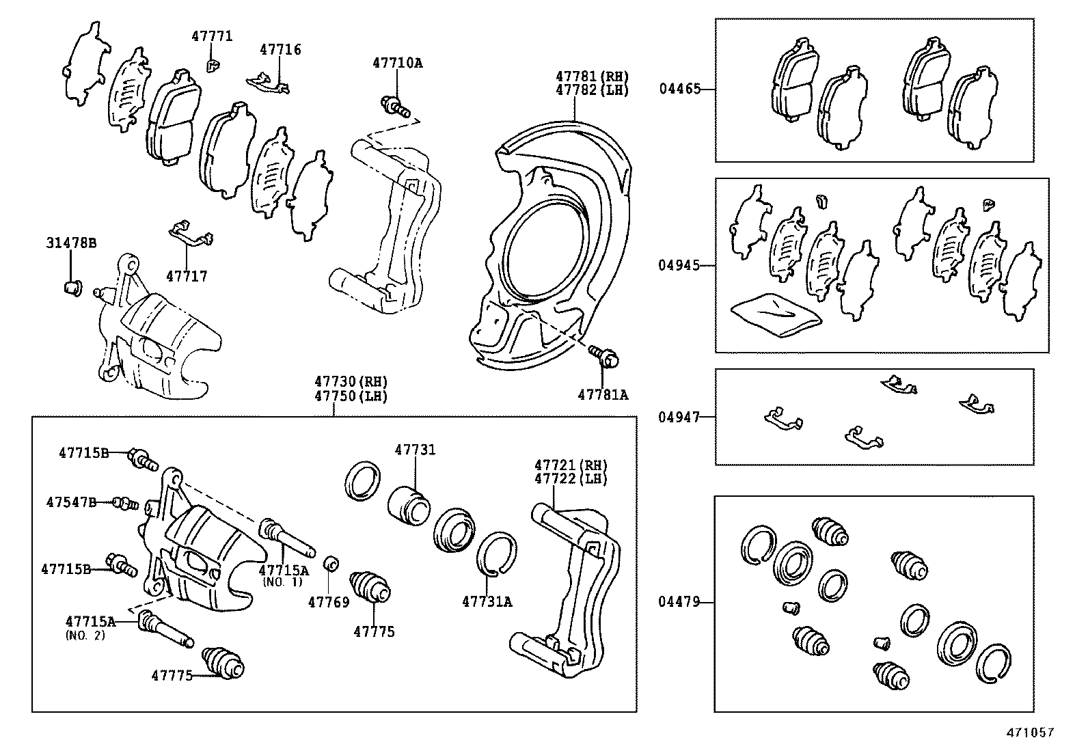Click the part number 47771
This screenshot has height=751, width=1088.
click(x=211, y=36)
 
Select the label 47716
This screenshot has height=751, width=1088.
click(x=280, y=50)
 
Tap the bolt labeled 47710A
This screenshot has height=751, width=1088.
click(x=395, y=106)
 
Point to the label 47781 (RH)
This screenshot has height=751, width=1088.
click(x=591, y=77)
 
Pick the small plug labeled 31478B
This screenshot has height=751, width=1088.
click(x=71, y=286)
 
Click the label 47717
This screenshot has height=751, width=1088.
click(x=187, y=277)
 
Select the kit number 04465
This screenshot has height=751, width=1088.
click(x=679, y=89)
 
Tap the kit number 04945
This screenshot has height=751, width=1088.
click(x=679, y=265)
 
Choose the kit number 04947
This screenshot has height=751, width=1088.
click(x=679, y=416)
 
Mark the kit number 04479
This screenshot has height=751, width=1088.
click(x=679, y=602)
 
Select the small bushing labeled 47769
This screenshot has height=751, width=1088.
click(x=331, y=564)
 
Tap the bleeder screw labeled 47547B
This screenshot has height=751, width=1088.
click(x=125, y=504)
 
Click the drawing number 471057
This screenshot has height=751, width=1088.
click(x=1029, y=733)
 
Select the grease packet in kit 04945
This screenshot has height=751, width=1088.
click(x=776, y=314)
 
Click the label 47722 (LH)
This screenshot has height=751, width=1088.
click(x=570, y=479)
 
